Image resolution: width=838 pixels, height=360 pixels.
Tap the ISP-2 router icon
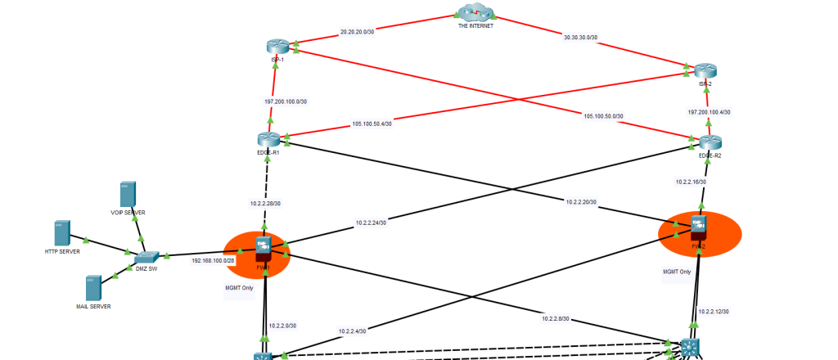[705, 71]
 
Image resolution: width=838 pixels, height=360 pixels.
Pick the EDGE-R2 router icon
[710, 142]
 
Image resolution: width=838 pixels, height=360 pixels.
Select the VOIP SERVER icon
[127, 195]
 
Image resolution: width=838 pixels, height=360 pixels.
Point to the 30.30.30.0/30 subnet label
[580, 38]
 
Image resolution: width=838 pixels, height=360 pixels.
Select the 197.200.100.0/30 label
[286, 101]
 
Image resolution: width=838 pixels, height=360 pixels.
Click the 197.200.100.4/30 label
[710, 112]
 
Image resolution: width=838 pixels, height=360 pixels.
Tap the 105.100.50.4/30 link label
[372, 124]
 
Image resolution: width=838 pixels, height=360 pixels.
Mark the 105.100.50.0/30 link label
[603, 116]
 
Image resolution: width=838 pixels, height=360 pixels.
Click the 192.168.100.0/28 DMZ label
[213, 260]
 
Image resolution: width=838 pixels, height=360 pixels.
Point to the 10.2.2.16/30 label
[691, 182]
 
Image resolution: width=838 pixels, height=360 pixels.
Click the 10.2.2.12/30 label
[713, 311]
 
